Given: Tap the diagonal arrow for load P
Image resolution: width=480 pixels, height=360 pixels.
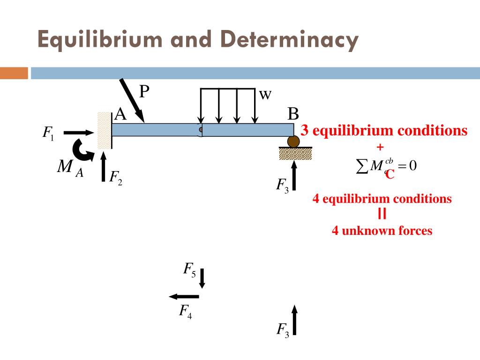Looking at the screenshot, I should [132, 100].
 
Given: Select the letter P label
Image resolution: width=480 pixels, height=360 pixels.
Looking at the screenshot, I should [144, 91].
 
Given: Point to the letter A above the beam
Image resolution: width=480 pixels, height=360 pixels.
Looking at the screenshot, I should [120, 114].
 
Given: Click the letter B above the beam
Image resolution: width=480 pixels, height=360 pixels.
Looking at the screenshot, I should [293, 114].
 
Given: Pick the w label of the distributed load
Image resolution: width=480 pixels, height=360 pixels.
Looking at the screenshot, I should [265, 95].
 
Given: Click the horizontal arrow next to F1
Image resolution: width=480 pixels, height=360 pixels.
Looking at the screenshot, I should [79, 133].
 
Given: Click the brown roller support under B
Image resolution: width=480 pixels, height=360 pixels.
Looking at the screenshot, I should [294, 141].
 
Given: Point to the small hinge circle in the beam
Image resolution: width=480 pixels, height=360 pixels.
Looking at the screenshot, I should [201, 130].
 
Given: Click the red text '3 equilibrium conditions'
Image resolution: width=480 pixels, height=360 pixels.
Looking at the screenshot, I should [384, 130].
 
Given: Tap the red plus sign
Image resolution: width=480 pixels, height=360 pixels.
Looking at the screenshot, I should [380, 147].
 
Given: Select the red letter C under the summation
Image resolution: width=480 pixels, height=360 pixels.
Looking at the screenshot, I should [390, 174].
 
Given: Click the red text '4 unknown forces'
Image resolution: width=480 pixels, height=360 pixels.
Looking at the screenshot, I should [382, 231].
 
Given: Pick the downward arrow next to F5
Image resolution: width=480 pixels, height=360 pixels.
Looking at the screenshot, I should [202, 278].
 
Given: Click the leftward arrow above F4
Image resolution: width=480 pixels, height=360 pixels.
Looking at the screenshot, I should [184, 296].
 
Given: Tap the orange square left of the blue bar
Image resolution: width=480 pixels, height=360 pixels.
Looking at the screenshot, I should [14, 74].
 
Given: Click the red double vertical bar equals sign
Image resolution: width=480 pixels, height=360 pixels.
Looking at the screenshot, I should [382, 214].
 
